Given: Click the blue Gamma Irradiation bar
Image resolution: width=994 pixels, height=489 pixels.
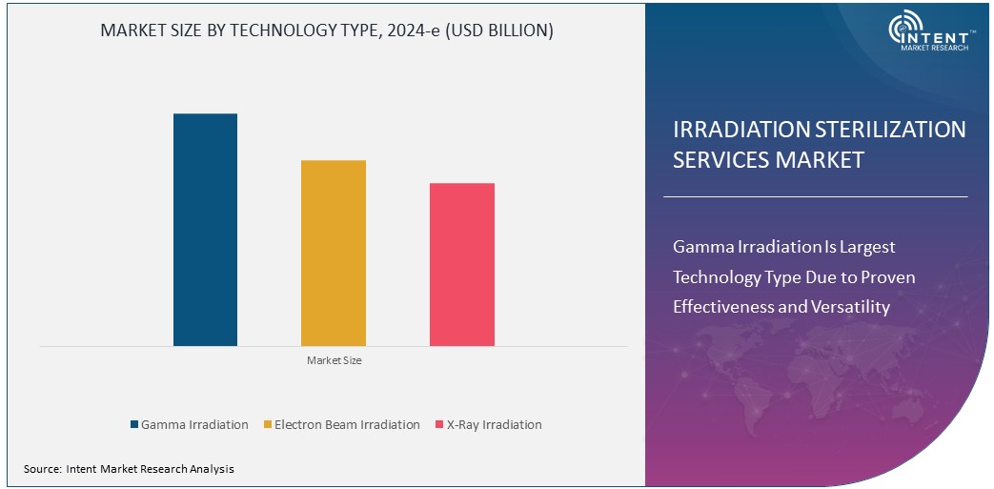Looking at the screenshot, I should [x=205, y=229].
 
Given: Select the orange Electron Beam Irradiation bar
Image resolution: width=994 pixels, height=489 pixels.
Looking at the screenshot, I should [x=334, y=253].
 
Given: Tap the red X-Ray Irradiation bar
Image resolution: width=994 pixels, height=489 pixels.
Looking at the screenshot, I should [x=462, y=264].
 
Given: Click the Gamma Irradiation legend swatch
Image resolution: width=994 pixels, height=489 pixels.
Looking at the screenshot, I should [x=134, y=425].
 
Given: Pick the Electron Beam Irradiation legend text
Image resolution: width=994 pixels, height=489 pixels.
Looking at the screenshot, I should [x=347, y=425].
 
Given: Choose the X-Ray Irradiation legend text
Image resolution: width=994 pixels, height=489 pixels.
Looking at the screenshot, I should [x=494, y=425].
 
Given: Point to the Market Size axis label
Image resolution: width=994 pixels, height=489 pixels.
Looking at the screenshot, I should [x=334, y=361].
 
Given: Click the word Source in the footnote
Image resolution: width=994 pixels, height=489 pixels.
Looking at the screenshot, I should [x=42, y=469].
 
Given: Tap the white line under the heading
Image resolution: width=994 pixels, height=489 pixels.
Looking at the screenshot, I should [x=815, y=196].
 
